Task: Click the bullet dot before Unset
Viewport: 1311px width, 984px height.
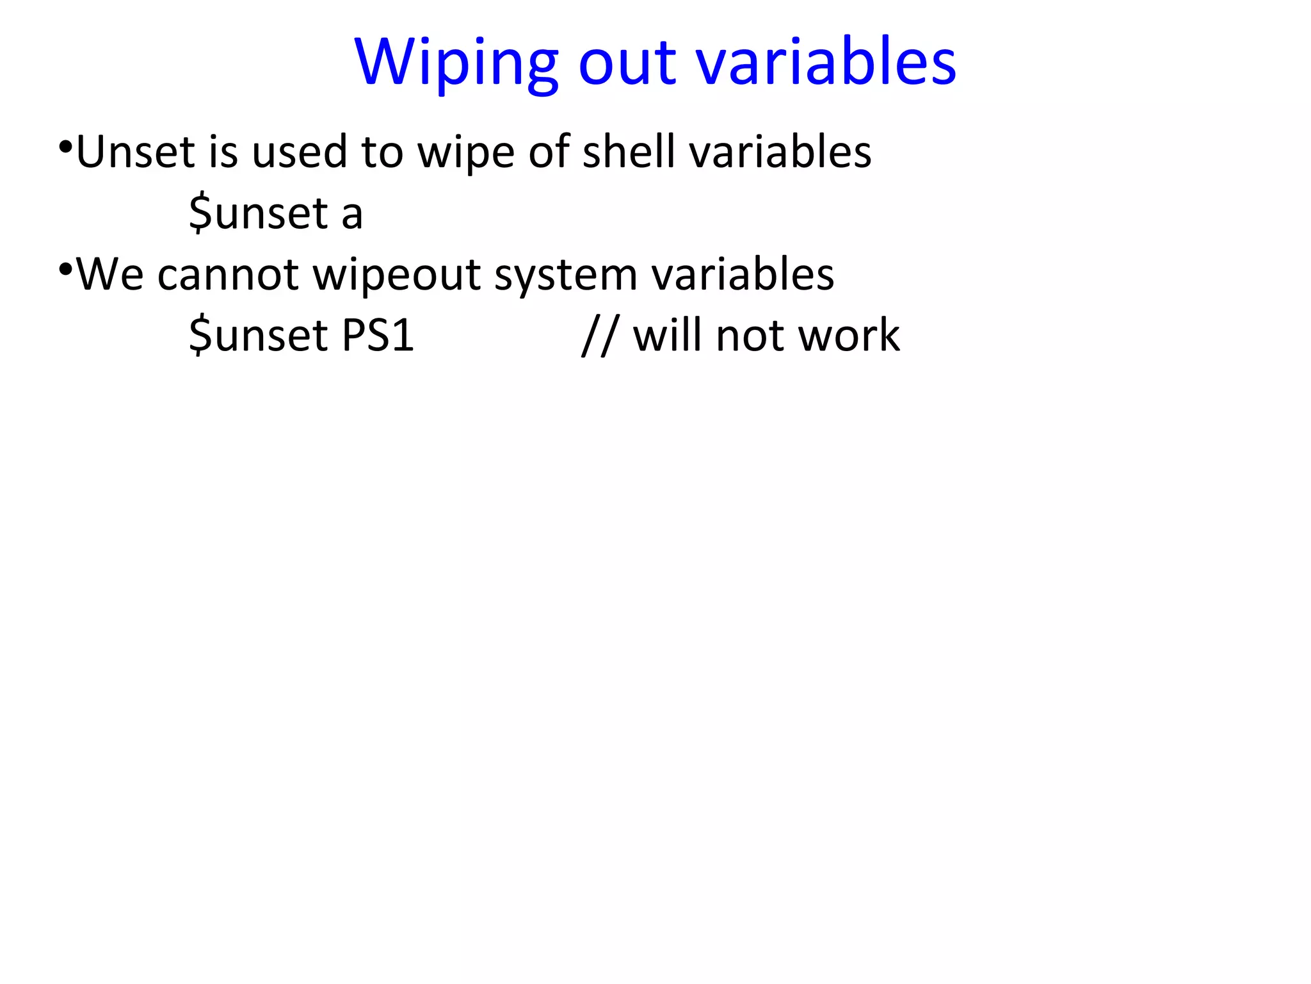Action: pos(65,147)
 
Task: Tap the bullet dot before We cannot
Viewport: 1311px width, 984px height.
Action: pos(65,269)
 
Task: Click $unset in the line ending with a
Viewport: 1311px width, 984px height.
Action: pos(259,213)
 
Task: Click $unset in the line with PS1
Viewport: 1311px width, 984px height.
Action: pos(259,336)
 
